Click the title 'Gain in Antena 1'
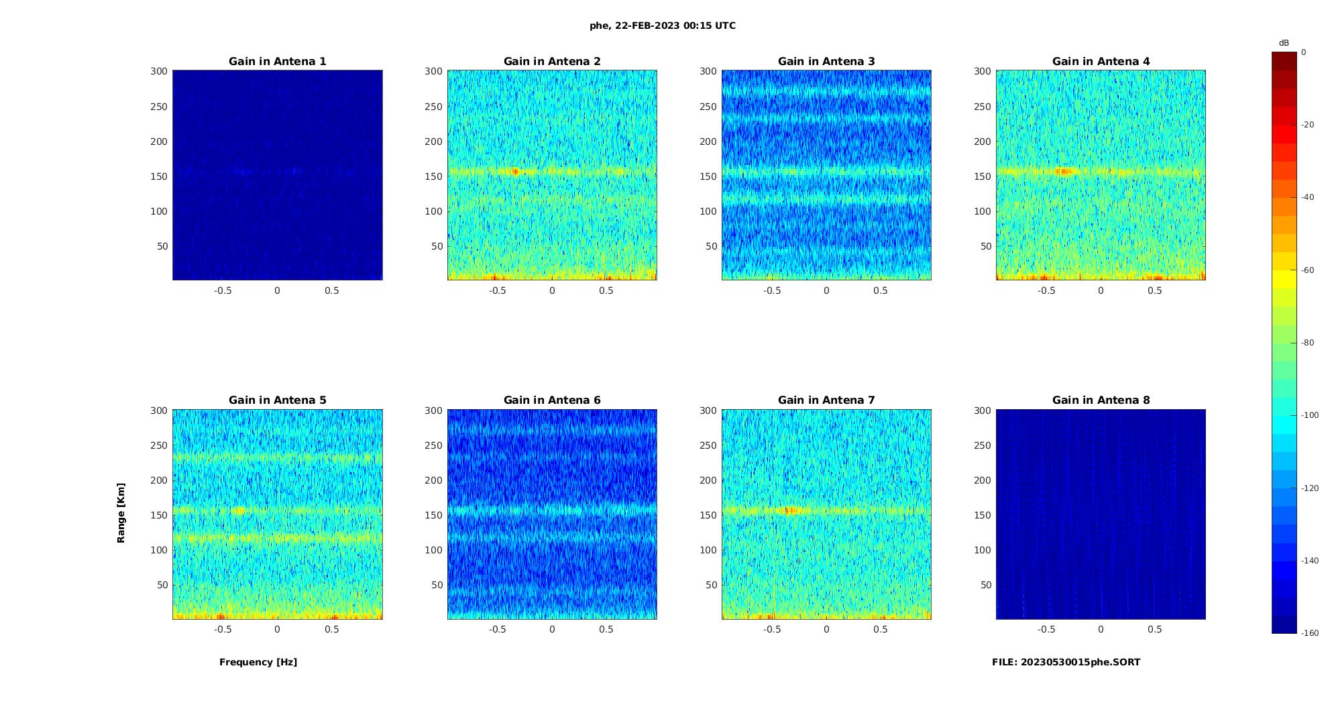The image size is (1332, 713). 277,62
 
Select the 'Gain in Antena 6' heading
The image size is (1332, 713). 552,400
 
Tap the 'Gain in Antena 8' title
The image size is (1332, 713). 1101,400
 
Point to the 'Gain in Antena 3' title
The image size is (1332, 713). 826,62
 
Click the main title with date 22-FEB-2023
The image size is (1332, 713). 663,26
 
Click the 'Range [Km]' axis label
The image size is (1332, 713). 121,512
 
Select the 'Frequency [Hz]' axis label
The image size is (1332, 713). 258,662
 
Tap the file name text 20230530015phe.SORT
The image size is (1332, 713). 1066,662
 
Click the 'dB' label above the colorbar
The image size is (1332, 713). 1284,43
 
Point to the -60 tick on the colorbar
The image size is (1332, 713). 1308,270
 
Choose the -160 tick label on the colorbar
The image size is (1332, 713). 1310,633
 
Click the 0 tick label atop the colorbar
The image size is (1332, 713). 1304,52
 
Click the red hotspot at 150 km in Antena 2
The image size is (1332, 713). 516,172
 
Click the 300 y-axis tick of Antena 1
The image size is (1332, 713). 159,71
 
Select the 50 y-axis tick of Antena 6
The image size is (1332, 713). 437,585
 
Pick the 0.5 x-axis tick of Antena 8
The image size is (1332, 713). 1155,629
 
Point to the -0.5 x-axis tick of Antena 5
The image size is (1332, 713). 223,629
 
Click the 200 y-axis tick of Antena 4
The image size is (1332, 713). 983,142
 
